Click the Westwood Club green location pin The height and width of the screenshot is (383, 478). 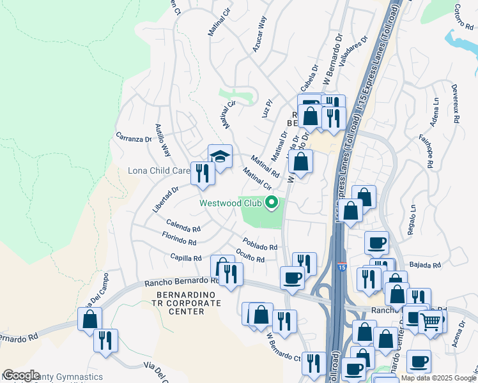click(272, 204)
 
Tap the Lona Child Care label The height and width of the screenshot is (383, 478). click(158, 171)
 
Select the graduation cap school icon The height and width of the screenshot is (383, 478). click(220, 156)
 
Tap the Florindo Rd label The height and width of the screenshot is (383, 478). click(179, 240)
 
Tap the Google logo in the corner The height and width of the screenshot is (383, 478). click(21, 375)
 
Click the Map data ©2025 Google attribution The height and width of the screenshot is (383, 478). click(438, 378)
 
